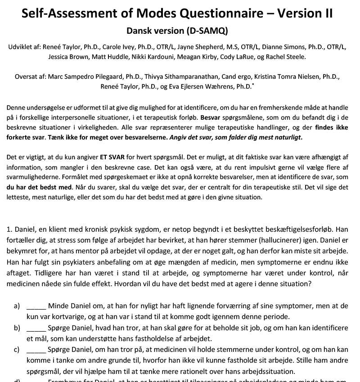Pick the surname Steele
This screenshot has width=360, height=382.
(x=297, y=57)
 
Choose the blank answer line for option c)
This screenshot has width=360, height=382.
(x=36, y=350)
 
